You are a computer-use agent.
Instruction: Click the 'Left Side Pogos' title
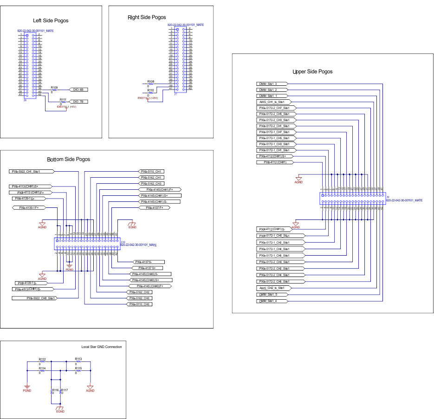52,20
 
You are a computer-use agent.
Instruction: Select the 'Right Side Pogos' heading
147,17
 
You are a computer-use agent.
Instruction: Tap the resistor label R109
54,87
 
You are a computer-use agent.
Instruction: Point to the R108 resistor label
150,81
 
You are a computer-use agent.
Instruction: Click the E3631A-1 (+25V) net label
148,98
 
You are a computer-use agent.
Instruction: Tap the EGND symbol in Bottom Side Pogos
132,225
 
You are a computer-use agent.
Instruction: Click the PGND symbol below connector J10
70,267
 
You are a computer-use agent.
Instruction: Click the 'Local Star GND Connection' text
102,347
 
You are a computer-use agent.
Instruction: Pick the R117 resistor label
64,390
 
